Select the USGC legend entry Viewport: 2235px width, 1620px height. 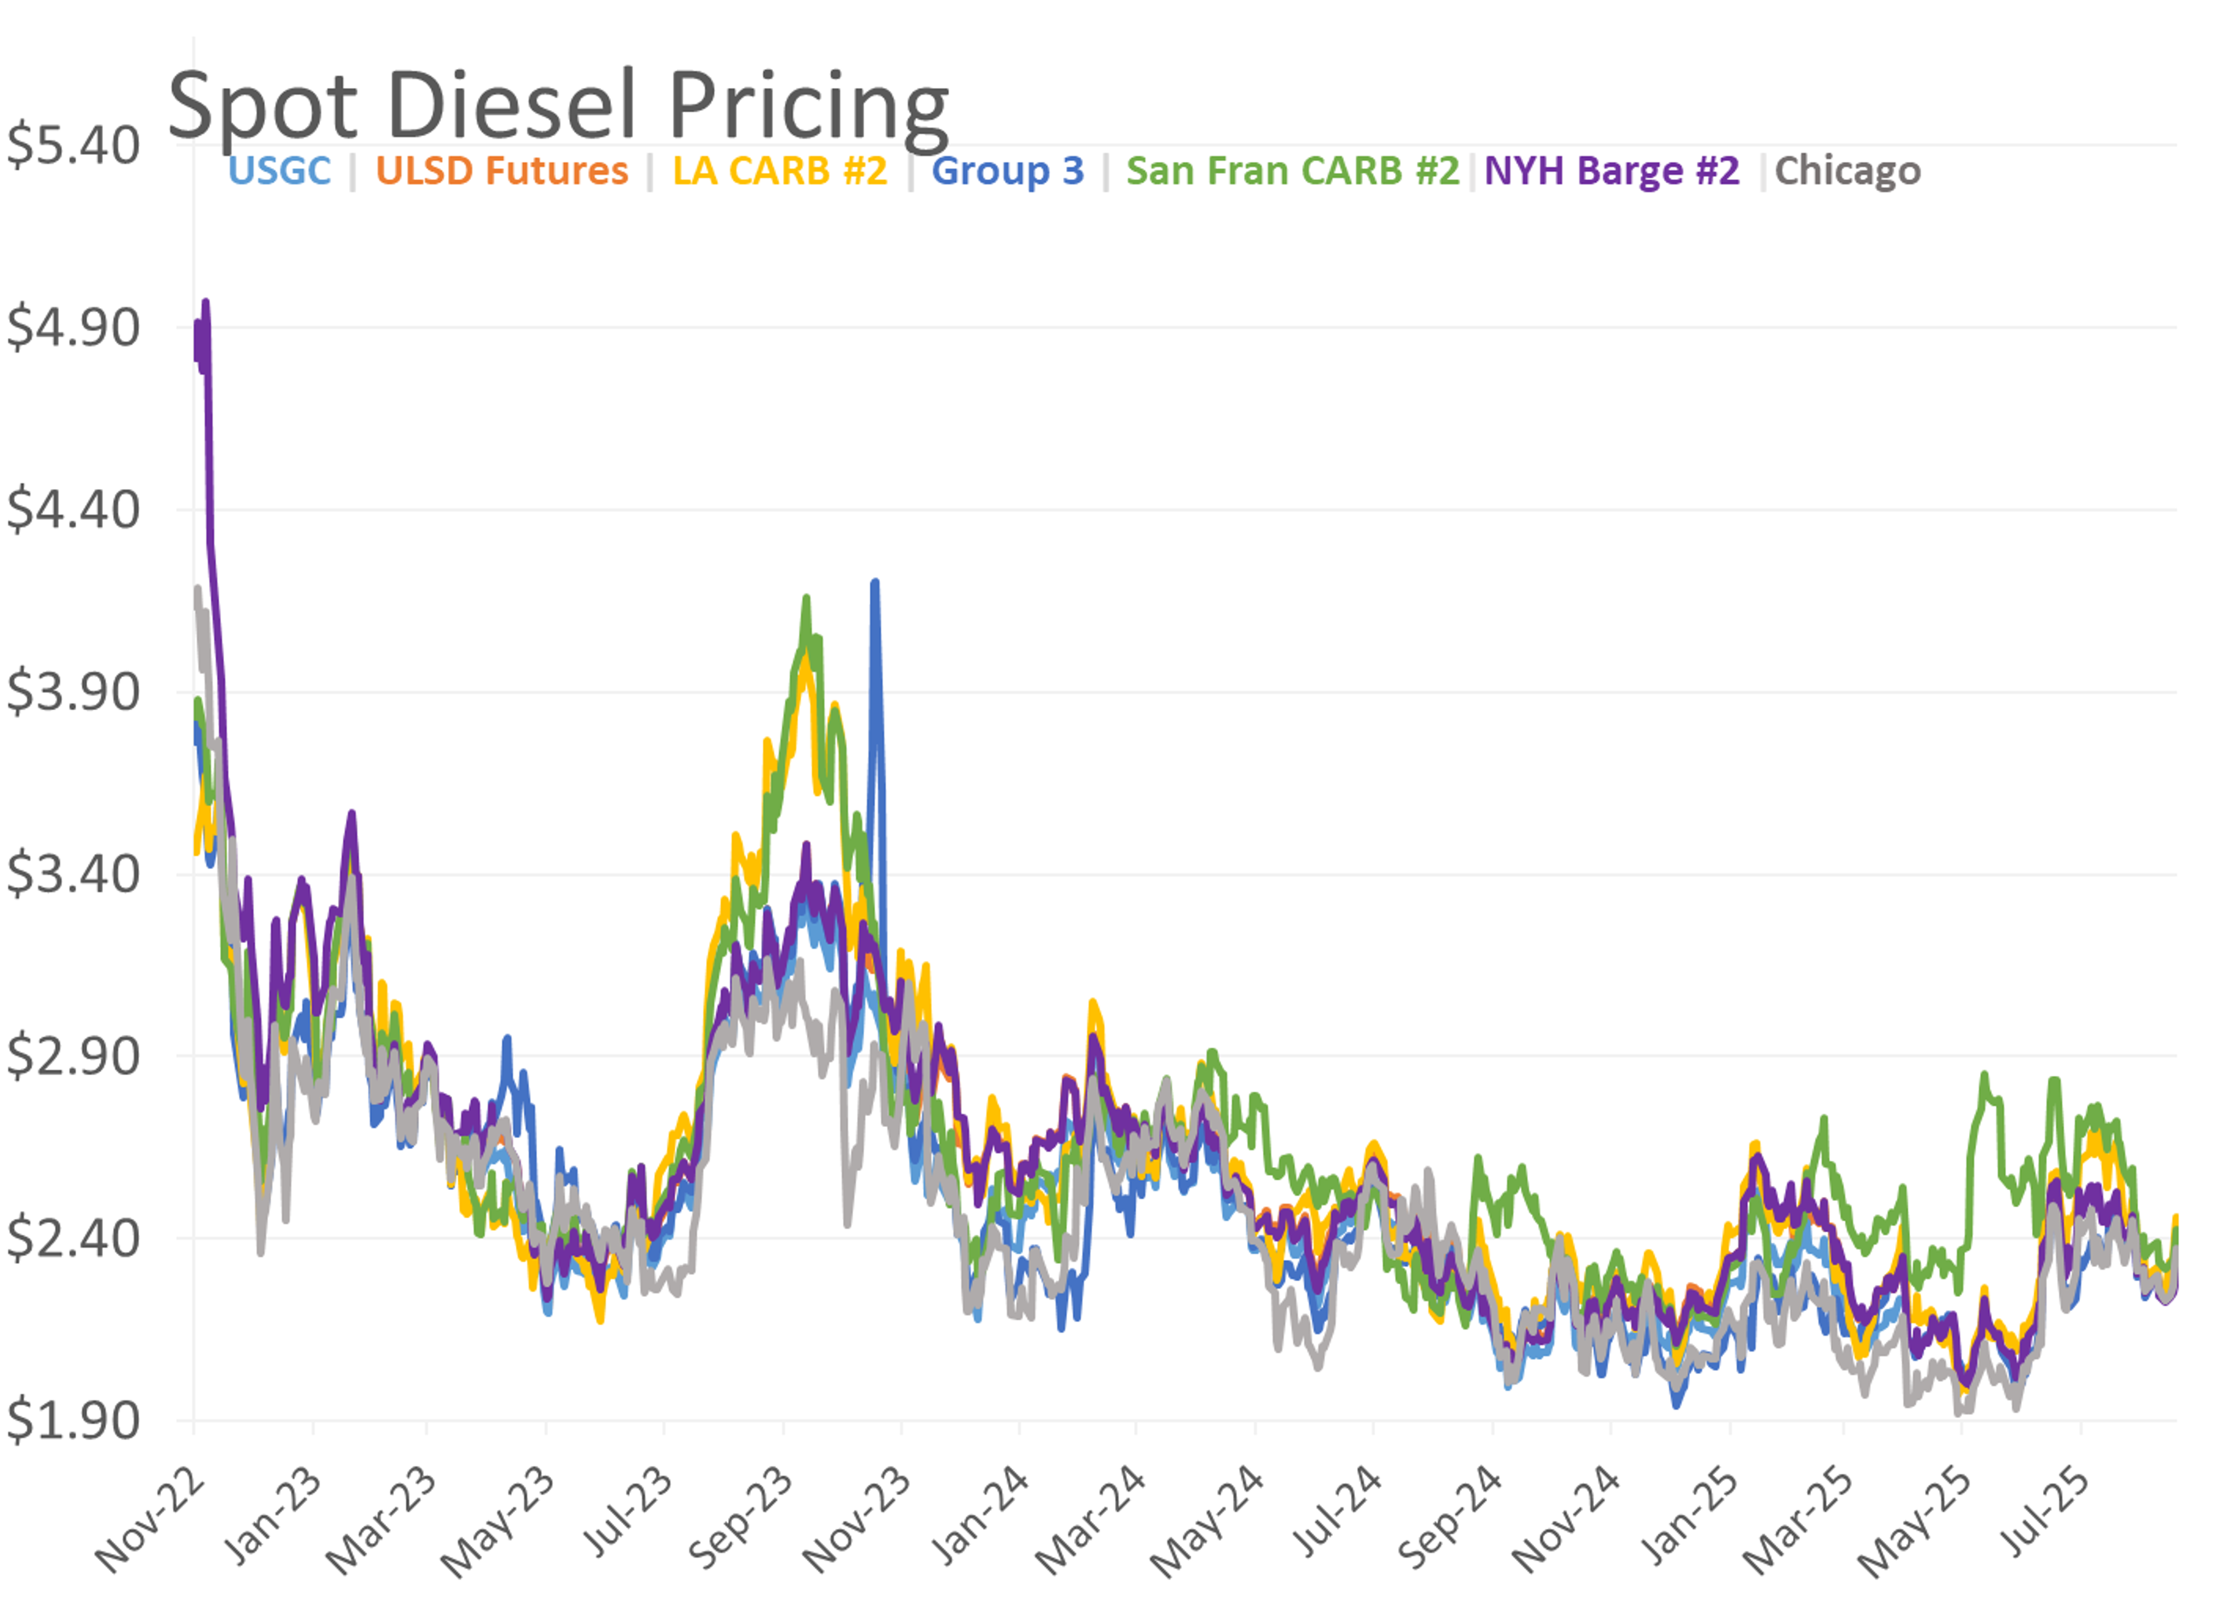[280, 171]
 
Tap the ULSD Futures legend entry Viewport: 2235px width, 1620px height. [502, 171]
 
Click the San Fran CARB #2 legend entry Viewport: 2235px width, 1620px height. [1292, 171]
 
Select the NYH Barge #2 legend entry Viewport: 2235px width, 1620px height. [1612, 171]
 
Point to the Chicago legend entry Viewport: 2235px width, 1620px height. [1848, 171]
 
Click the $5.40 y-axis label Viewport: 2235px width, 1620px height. [73, 146]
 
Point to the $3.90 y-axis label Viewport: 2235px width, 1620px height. [73, 692]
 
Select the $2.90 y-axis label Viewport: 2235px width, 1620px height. [73, 1057]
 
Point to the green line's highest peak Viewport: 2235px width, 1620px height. [806, 598]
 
